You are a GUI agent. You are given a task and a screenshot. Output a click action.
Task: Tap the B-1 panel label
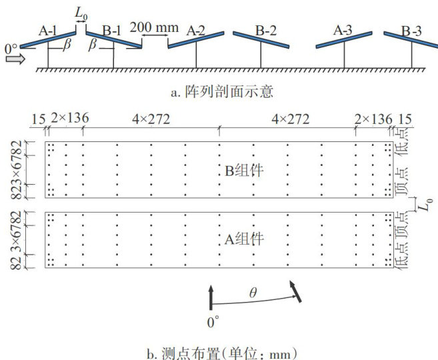[111, 31]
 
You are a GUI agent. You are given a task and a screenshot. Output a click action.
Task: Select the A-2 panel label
[195, 31]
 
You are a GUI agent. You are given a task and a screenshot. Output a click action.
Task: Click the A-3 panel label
[345, 30]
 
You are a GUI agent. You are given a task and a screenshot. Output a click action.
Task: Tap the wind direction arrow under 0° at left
[14, 59]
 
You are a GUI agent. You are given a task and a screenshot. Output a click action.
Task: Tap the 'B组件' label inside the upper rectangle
[245, 171]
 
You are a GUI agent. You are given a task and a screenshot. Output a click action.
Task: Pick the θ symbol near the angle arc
[252, 292]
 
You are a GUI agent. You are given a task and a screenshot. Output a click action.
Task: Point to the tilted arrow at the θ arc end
[293, 290]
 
